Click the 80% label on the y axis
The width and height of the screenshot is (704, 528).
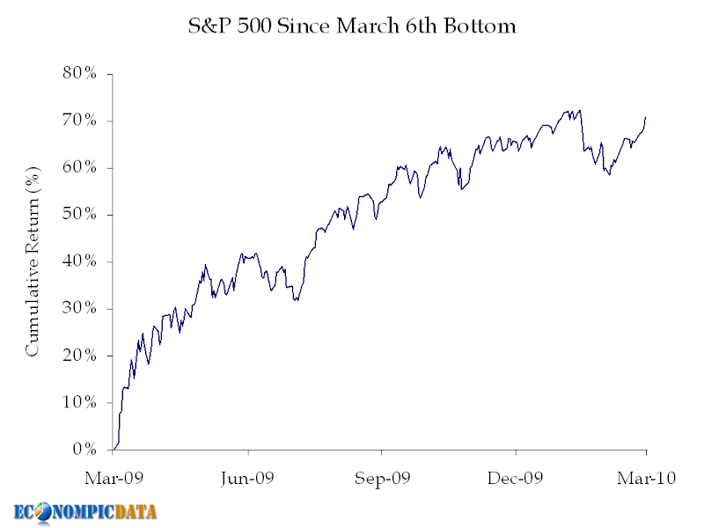pos(79,73)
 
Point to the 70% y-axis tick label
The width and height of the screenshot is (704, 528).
pos(79,121)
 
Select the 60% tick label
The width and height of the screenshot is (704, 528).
pos(79,167)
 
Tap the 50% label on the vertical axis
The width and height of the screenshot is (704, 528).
pos(79,215)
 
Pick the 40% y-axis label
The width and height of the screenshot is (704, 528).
pos(79,261)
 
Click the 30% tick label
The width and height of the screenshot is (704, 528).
pos(79,309)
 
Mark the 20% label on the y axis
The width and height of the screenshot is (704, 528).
pos(79,356)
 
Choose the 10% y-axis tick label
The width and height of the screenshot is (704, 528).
pos(79,403)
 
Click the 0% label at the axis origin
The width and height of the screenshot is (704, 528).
pos(84,450)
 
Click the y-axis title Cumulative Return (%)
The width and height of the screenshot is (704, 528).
pos(33,261)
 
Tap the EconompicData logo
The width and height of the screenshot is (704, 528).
pos(86,511)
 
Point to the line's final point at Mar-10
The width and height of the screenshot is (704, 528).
pos(646,117)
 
